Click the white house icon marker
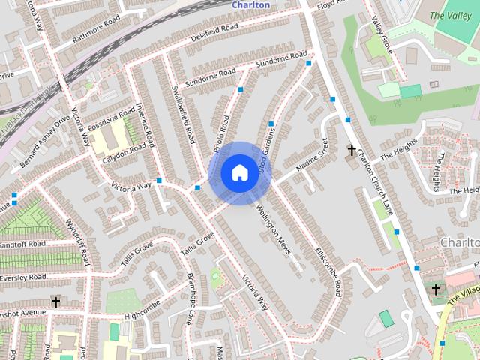point(238,173)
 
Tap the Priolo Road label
point(220,130)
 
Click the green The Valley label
point(448,15)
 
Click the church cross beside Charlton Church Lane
point(351,151)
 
